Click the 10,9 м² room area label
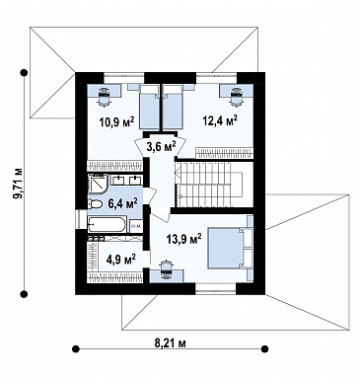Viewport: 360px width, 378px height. [116, 122]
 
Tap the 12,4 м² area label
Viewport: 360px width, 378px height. [220, 120]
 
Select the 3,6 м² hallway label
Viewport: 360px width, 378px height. [161, 146]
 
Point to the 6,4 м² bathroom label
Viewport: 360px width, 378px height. [122, 204]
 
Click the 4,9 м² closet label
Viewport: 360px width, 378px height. [121, 260]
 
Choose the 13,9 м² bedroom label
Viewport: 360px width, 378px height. [184, 239]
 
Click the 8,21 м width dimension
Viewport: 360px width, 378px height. [171, 343]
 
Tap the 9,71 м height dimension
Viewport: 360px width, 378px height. [19, 184]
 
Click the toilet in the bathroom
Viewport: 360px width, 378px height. [95, 204]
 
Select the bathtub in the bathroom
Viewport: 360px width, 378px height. [107, 225]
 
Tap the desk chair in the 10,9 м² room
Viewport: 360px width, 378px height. [105, 96]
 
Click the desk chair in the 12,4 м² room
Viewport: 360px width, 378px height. [236, 97]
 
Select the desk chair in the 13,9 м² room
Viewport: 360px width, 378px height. [166, 269]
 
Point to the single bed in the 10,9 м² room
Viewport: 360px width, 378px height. [150, 108]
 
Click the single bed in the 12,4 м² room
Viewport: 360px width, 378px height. [173, 108]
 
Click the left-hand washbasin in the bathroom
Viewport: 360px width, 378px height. [117, 180]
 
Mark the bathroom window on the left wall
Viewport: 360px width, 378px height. [78, 218]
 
